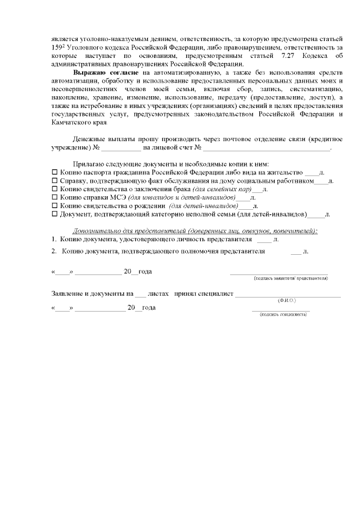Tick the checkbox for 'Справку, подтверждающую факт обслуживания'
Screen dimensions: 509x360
coord(55,181)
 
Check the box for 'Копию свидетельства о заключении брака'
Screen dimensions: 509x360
coord(55,190)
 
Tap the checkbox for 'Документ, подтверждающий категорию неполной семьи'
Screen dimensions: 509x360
coord(55,214)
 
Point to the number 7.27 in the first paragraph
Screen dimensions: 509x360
coord(280,57)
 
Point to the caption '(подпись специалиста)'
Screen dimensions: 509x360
coord(282,314)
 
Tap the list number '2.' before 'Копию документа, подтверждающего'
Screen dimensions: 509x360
coord(54,251)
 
